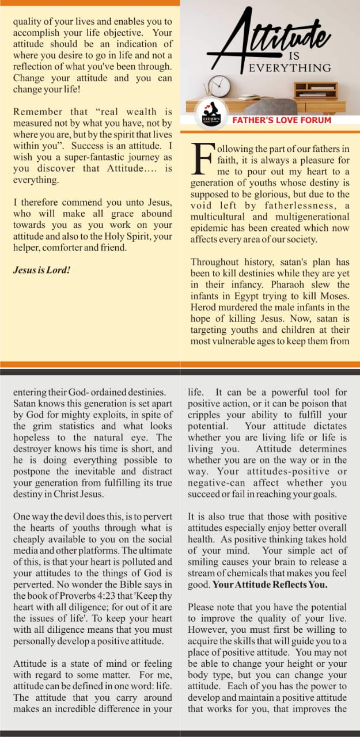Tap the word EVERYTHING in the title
[290, 68]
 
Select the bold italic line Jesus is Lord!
[42, 269]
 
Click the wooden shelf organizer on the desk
[315, 90]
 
